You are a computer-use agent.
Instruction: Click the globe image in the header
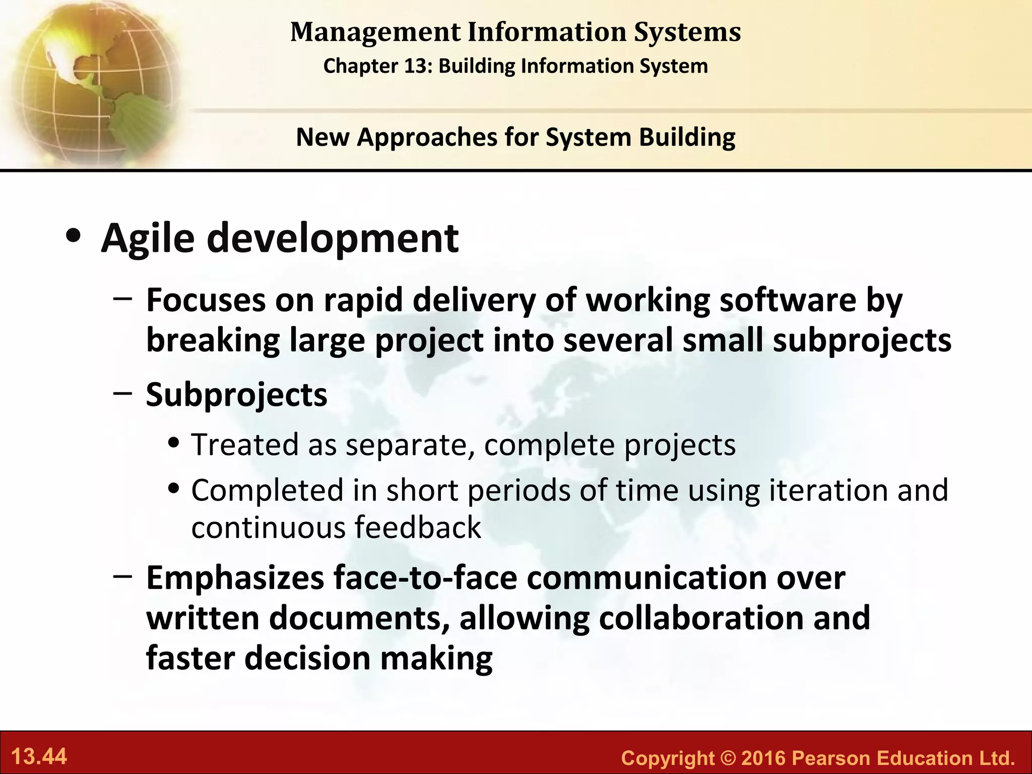(91, 83)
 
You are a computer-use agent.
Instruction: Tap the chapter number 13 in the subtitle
(416, 66)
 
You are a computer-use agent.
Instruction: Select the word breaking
(213, 341)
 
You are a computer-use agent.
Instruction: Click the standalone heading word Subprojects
(236, 395)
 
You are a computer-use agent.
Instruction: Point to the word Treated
(245, 444)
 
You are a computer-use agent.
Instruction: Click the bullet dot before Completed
(174, 489)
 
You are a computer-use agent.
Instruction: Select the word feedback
(418, 528)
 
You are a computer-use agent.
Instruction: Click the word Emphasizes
(235, 578)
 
